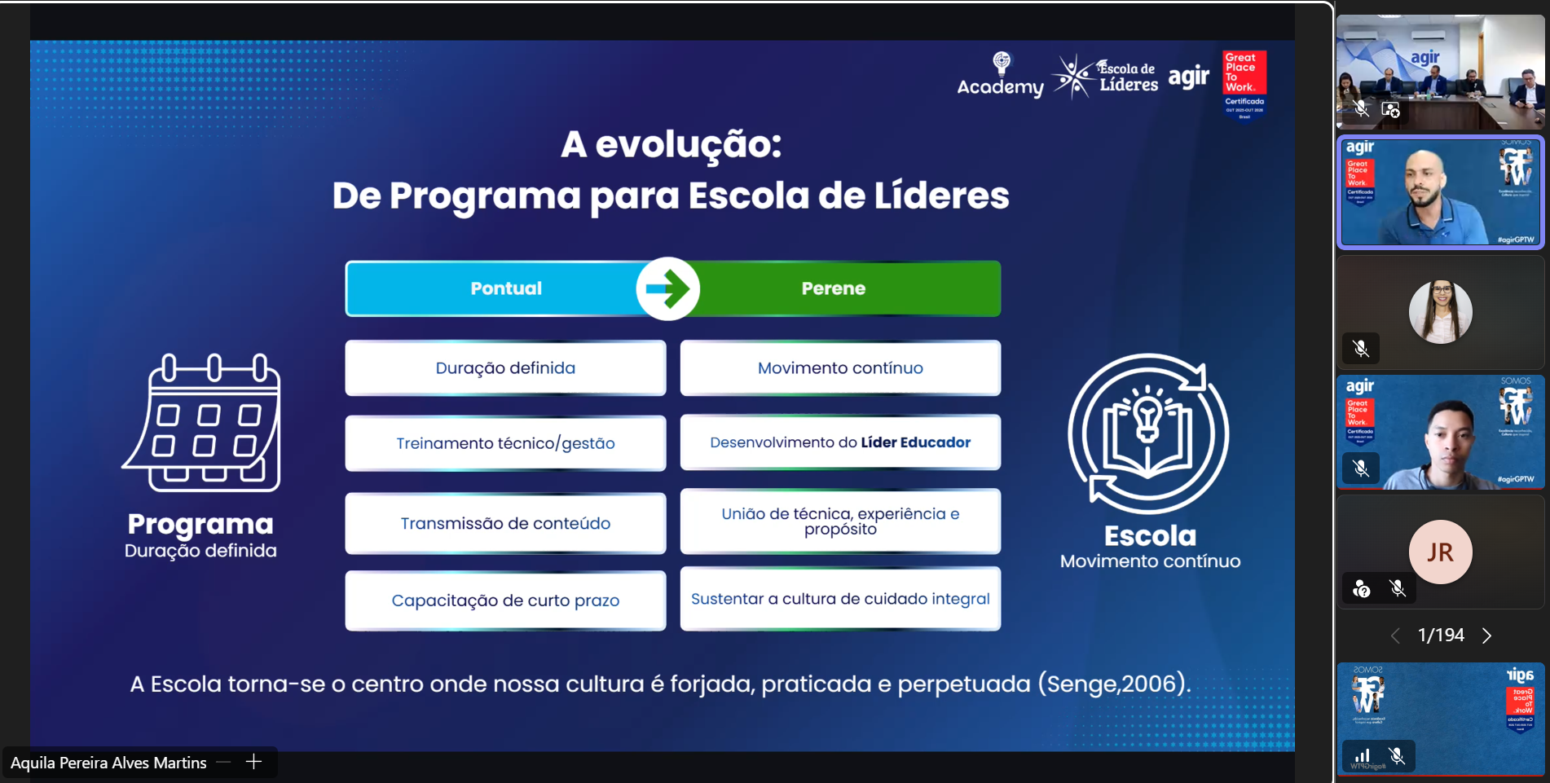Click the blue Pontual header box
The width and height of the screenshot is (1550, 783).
[x=505, y=288]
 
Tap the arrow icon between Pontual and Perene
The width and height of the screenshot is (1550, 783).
[x=668, y=288]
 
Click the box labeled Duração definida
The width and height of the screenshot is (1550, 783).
[x=505, y=367]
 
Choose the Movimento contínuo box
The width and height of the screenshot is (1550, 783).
[x=840, y=367]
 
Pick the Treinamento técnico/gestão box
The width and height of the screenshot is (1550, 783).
[x=505, y=443]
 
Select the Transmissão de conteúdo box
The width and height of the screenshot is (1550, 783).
[x=505, y=523]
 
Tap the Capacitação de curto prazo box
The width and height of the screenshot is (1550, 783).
[x=505, y=600]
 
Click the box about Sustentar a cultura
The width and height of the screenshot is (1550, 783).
[x=840, y=599]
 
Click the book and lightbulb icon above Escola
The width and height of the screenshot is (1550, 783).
[x=1148, y=433]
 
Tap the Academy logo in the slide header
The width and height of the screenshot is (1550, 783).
[x=1000, y=76]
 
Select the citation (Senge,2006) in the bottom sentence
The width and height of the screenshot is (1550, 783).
[x=1114, y=684]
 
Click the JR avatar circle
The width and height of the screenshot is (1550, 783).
[x=1440, y=552]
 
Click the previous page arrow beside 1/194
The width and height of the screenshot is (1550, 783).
[x=1395, y=636]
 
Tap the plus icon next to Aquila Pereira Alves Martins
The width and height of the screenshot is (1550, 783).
[x=253, y=762]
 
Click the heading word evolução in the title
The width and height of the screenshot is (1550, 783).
[x=688, y=145]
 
